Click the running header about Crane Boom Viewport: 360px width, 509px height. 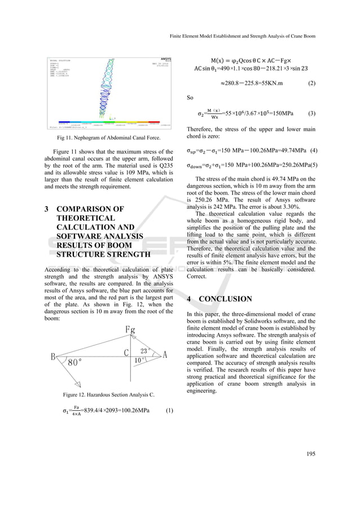(242, 35)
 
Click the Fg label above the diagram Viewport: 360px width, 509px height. (130, 330)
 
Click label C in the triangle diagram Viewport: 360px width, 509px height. (127, 354)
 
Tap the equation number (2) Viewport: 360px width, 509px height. (311, 84)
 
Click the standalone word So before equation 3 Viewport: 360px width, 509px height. (190, 98)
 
